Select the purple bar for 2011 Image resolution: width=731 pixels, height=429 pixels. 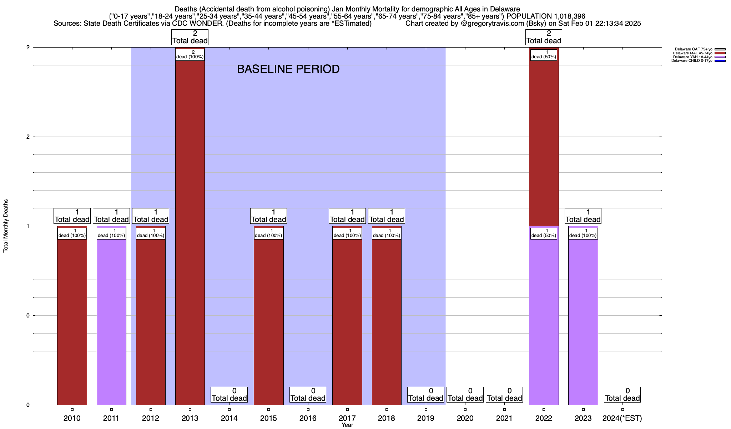(111, 322)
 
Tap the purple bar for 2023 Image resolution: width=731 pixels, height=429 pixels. (583, 322)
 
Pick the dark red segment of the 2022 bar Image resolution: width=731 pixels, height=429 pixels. (544, 143)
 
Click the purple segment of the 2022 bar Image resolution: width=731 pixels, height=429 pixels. (544, 322)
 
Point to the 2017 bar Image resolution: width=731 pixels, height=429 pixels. (347, 322)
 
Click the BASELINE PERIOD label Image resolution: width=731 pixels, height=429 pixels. (288, 69)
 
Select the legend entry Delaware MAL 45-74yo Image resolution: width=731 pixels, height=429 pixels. (692, 53)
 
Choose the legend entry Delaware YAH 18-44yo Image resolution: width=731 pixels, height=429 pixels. (692, 57)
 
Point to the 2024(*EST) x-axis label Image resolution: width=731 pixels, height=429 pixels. (622, 418)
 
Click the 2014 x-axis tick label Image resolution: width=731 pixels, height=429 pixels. (229, 418)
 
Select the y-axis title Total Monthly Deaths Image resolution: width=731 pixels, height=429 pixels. (6, 226)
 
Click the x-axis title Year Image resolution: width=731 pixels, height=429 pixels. (347, 425)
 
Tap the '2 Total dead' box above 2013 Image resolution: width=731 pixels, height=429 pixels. (190, 37)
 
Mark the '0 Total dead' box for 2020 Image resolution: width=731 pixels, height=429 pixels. (465, 395)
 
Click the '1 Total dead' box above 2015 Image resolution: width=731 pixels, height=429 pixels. (268, 216)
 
